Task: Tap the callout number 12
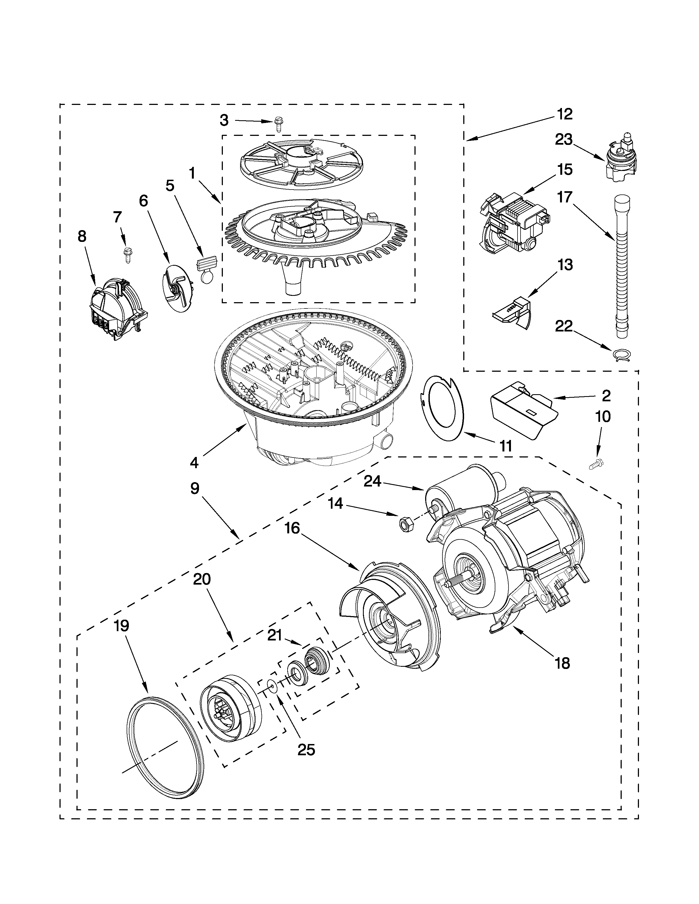564,114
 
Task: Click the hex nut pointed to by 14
403,524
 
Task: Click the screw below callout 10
595,464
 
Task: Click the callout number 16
292,529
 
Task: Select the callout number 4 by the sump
194,462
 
